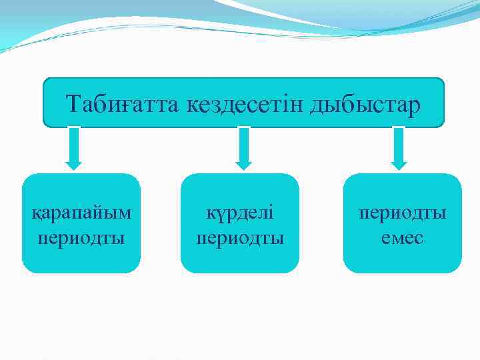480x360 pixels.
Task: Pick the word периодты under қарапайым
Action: pyautogui.click(x=82, y=237)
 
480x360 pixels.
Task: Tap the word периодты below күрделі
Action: pyautogui.click(x=240, y=237)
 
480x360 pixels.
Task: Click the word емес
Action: pyautogui.click(x=403, y=237)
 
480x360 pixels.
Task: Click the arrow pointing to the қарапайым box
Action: pyautogui.click(x=74, y=148)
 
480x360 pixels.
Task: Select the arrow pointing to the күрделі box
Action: pyautogui.click(x=244, y=148)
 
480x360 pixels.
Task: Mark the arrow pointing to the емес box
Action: pyautogui.click(x=399, y=148)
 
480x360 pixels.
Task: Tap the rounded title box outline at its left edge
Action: pyautogui.click(x=43, y=103)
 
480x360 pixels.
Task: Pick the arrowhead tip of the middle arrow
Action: pyautogui.click(x=244, y=168)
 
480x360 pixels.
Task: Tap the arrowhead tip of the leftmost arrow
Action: pyautogui.click(x=74, y=168)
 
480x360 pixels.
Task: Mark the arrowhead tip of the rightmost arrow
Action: pyautogui.click(x=399, y=168)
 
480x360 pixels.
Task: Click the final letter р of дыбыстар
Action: pyautogui.click(x=417, y=107)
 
